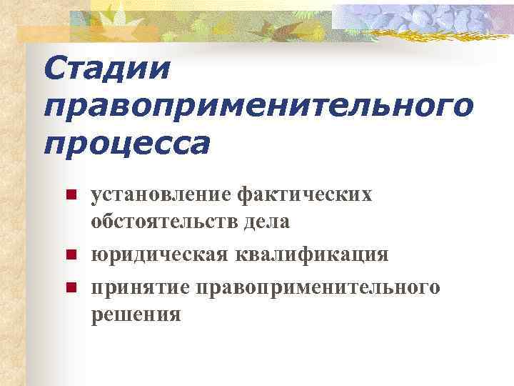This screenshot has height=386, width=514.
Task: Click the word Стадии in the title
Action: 107,69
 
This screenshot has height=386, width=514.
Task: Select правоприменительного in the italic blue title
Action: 258,108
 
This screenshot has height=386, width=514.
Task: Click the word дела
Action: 265,222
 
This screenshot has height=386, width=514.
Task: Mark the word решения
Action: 136,314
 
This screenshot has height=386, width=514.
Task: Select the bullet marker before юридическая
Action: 70,255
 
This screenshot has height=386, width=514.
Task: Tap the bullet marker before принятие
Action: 70,287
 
